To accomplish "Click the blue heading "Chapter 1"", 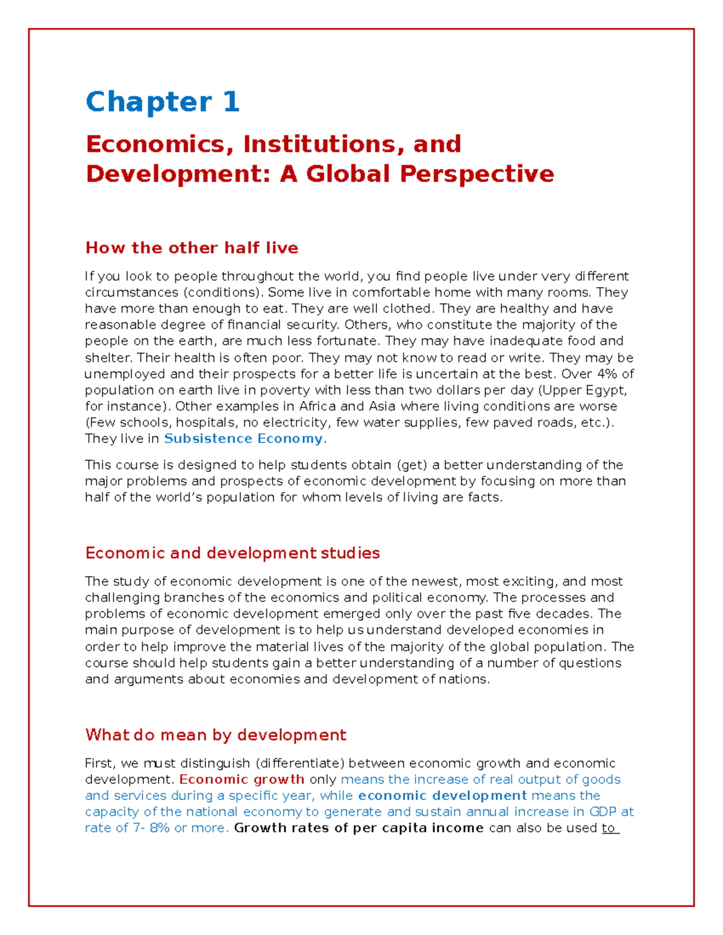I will coord(163,102).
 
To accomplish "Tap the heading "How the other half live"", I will coord(192,248).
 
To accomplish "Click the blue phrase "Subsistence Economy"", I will coord(243,439).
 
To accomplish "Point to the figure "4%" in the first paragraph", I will coord(607,374).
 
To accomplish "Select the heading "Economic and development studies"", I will coord(233,553).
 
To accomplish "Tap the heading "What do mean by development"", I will coord(216,735).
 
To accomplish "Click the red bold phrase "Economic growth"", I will coord(242,780).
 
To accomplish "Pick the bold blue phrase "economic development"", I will coord(442,796).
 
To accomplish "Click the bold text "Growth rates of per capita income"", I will coord(358,828).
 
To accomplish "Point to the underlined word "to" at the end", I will coord(610,828).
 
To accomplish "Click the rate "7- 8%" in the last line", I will coord(151,828).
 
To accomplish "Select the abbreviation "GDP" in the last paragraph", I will coord(602,812).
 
